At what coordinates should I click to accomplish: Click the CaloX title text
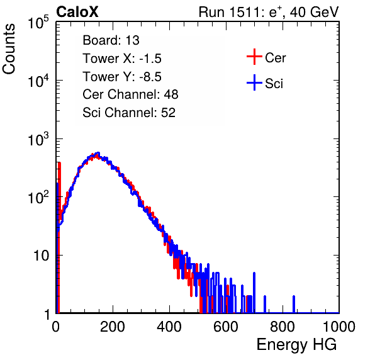(77, 12)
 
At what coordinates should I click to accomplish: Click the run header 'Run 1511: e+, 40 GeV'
(269, 12)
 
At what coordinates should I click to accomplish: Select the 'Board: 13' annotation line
(111, 40)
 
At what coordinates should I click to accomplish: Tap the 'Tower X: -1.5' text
(122, 58)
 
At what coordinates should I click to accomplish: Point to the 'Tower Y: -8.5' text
(122, 76)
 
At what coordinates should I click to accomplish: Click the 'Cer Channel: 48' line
(130, 94)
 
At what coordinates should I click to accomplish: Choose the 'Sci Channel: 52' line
(129, 112)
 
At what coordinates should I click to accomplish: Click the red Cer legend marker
(254, 57)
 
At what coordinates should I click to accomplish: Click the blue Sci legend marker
(254, 82)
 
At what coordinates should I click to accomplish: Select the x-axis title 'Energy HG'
(296, 345)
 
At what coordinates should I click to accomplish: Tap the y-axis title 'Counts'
(9, 49)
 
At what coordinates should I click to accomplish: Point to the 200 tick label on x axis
(113, 327)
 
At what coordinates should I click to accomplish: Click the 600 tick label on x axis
(226, 327)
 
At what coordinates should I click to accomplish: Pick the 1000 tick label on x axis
(339, 327)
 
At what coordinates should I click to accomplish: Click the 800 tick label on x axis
(283, 327)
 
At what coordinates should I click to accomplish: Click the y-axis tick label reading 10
(41, 256)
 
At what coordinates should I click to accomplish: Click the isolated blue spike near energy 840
(294, 304)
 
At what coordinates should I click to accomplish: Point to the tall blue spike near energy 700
(254, 293)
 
